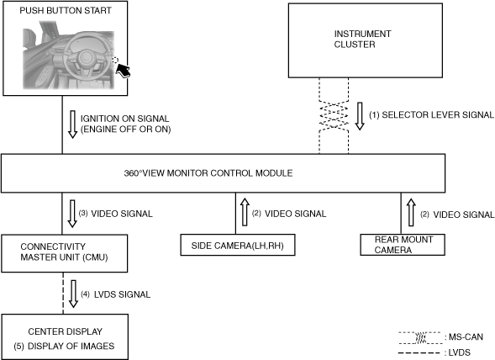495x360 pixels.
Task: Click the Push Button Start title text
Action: tap(66, 10)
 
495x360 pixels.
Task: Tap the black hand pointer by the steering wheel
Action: tap(123, 70)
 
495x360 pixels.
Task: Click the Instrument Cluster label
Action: tap(362, 40)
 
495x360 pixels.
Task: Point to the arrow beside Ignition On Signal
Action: tap(72, 124)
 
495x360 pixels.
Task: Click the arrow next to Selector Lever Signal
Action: tap(360, 116)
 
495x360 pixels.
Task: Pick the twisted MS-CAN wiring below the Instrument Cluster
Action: tap(334, 116)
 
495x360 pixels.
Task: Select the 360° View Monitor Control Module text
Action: tap(208, 173)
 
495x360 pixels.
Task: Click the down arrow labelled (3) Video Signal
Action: tap(72, 214)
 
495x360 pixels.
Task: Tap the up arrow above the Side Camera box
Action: tap(245, 212)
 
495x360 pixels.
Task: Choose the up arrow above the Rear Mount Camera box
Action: tap(411, 213)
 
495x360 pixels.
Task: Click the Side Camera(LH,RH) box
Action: tap(238, 245)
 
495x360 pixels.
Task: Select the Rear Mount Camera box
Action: tap(403, 245)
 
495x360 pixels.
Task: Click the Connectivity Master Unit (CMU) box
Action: tap(65, 253)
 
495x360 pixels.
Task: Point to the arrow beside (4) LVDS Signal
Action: tap(74, 294)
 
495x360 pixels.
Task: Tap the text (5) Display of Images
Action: tap(64, 346)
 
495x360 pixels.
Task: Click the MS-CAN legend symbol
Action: tap(420, 338)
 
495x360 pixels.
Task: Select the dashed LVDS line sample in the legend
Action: tap(419, 353)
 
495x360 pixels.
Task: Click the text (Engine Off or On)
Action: tap(126, 130)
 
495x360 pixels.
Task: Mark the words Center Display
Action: tap(66, 331)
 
